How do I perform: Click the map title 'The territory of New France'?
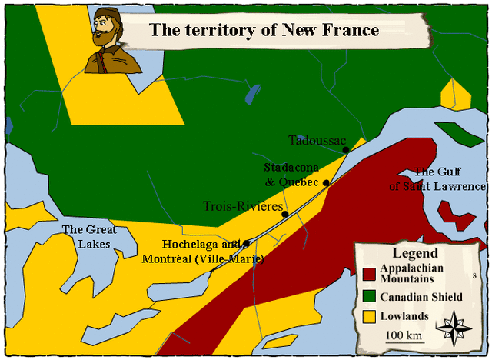coord(264,31)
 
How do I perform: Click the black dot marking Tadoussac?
coord(346,149)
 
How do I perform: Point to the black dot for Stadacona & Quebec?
coord(326,182)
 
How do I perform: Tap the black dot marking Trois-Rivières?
coord(284,214)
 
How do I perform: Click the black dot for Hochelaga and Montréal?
coord(246,244)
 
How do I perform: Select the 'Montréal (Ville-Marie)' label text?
coord(203,258)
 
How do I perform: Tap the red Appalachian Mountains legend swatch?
coord(370,273)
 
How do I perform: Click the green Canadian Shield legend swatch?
coord(370,297)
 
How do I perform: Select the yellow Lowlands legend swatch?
coord(370,316)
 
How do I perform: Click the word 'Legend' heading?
coord(414,253)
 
